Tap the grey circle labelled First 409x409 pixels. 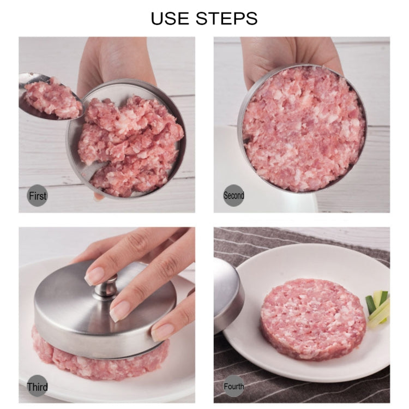click(x=38, y=195)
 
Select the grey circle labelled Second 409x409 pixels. click(x=233, y=195)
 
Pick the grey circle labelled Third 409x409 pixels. click(x=38, y=387)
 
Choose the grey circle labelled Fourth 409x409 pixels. click(x=233, y=387)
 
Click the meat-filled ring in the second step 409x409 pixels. click(x=302, y=128)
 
